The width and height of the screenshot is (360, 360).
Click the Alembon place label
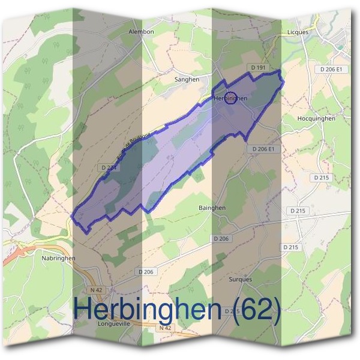(x=142, y=32)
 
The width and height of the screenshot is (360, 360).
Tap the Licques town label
(x=298, y=32)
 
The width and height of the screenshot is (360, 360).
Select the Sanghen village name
(x=185, y=79)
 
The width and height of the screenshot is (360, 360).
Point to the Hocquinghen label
(x=316, y=119)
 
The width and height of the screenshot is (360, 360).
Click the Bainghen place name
(x=212, y=208)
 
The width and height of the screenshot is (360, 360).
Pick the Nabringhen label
(x=59, y=258)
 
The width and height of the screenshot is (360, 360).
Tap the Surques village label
(x=241, y=280)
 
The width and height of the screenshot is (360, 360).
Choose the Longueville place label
(x=114, y=323)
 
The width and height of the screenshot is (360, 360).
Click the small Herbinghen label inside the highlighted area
(x=231, y=98)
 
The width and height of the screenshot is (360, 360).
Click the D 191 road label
(x=257, y=69)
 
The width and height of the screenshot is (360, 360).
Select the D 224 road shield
(x=109, y=168)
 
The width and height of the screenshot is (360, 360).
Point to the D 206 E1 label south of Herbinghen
(x=263, y=148)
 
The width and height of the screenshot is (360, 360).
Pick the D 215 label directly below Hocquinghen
(x=322, y=178)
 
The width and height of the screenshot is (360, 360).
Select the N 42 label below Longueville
(x=165, y=328)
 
